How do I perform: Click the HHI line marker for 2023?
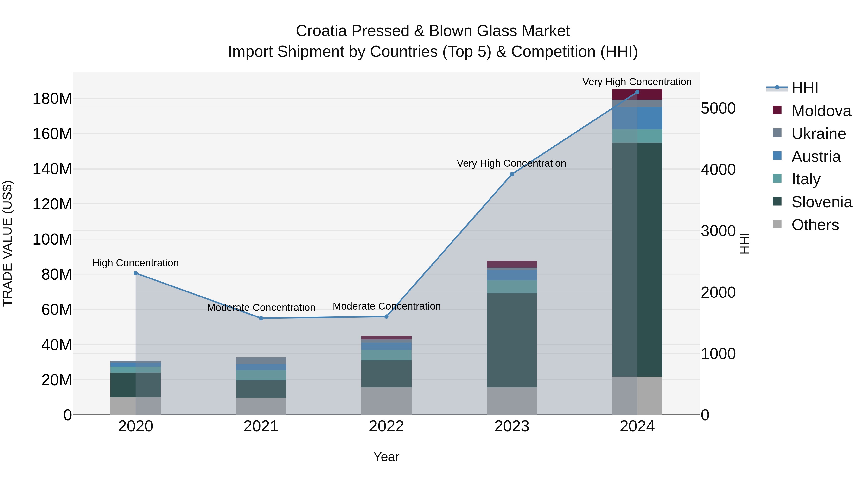pyautogui.click(x=512, y=174)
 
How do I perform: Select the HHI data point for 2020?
pyautogui.click(x=135, y=273)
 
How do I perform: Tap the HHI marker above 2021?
pyautogui.click(x=261, y=318)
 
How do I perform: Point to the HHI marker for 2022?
pyautogui.click(x=386, y=316)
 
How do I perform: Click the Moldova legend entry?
pyautogui.click(x=821, y=111)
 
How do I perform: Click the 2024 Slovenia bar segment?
pyautogui.click(x=637, y=259)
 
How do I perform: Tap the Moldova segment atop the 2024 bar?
pyautogui.click(x=637, y=95)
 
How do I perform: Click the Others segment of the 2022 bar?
pyautogui.click(x=386, y=401)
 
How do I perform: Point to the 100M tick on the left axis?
pyautogui.click(x=52, y=239)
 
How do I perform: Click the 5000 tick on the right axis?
pyautogui.click(x=718, y=108)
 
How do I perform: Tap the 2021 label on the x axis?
pyautogui.click(x=261, y=426)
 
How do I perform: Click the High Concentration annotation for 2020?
pyautogui.click(x=135, y=263)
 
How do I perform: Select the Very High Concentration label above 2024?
pyautogui.click(x=637, y=82)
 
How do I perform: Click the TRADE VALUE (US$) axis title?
pyautogui.click(x=7, y=243)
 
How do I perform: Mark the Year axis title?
pyautogui.click(x=386, y=457)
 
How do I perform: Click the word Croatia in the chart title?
pyautogui.click(x=321, y=31)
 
